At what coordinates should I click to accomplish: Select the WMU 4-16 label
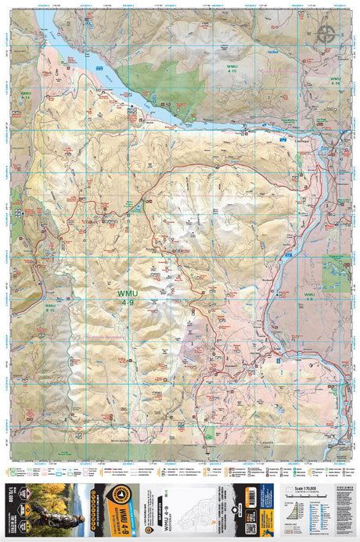[335, 81]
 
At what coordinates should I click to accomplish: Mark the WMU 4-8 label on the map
[309, 297]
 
